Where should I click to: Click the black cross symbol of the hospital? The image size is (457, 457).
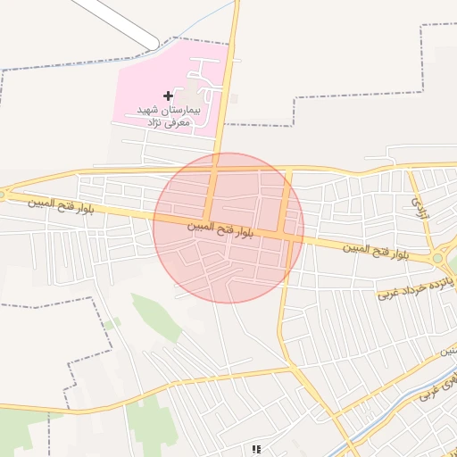[x=168, y=95]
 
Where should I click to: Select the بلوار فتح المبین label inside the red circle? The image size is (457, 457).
[x=221, y=230]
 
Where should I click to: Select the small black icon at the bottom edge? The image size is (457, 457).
[x=256, y=450]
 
